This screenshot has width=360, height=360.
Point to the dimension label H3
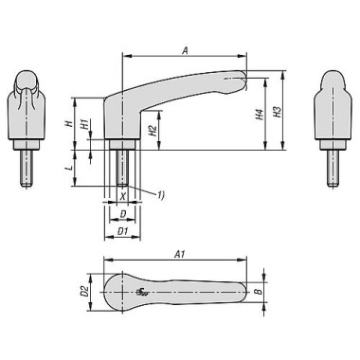[x=277, y=112]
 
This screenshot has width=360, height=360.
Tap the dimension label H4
[x=258, y=116]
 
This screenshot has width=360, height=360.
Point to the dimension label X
[x=122, y=196]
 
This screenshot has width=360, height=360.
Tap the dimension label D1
[x=122, y=230]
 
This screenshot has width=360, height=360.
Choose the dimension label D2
[x=83, y=291]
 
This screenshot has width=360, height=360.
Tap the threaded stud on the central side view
[x=122, y=167]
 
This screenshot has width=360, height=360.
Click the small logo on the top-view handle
[x=143, y=293]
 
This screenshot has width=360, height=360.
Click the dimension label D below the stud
[x=122, y=214]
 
